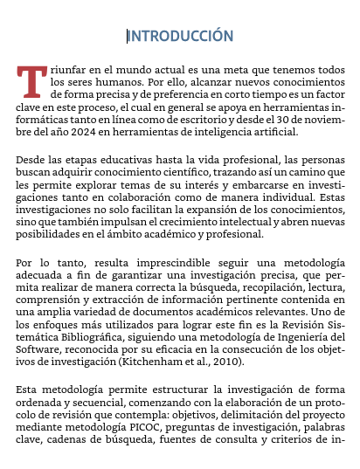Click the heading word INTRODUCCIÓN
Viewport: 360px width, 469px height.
click(181, 36)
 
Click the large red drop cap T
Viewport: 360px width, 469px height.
click(31, 80)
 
